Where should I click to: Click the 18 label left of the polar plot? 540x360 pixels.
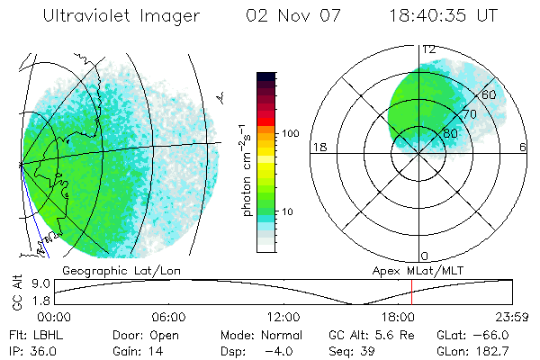click(318, 148)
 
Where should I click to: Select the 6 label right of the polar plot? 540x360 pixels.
click(522, 148)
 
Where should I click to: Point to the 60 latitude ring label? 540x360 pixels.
click(489, 94)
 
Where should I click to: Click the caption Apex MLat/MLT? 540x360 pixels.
click(410, 270)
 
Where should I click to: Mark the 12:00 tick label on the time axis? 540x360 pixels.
click(283, 318)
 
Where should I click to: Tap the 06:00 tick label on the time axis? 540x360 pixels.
click(169, 318)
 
